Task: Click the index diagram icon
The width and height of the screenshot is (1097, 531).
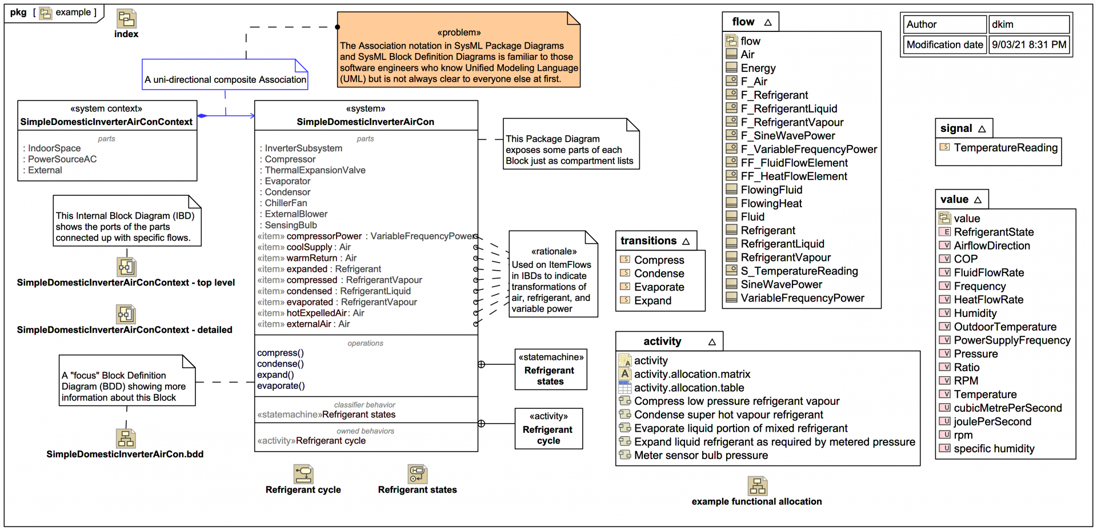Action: [126, 19]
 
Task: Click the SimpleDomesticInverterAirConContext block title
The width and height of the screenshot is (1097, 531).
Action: [107, 122]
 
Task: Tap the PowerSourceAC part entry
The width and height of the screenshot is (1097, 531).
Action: [62, 159]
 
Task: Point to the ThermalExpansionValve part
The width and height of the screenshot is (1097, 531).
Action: [315, 170]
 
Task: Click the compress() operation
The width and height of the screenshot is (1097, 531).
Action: [281, 353]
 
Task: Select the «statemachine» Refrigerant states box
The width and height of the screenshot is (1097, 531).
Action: [550, 369]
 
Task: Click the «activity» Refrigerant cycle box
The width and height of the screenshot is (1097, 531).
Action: [548, 428]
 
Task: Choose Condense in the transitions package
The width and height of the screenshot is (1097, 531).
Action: [659, 273]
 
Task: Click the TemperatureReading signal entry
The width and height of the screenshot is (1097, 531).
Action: [1005, 148]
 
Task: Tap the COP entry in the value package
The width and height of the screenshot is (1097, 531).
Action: [966, 259]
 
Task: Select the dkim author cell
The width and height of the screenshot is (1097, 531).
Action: [1028, 25]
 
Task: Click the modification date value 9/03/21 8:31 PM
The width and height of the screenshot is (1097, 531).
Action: [1028, 45]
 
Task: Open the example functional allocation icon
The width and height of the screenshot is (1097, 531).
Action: [757, 486]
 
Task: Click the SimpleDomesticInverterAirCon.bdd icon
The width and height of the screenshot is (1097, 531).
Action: [126, 439]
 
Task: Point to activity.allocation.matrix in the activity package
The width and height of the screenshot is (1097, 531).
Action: [692, 375]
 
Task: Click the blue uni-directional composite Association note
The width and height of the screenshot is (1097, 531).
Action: [225, 79]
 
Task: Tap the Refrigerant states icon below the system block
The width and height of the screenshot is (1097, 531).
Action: [417, 474]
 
